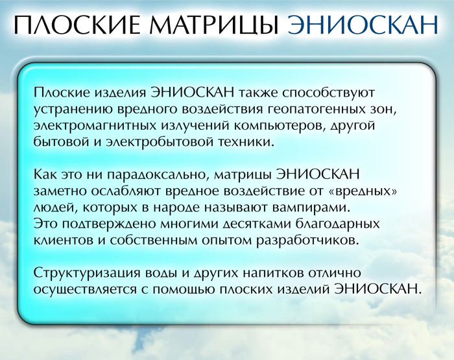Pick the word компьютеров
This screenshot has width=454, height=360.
279,126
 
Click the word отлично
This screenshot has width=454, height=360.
337,273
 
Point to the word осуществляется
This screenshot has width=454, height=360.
85,289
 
